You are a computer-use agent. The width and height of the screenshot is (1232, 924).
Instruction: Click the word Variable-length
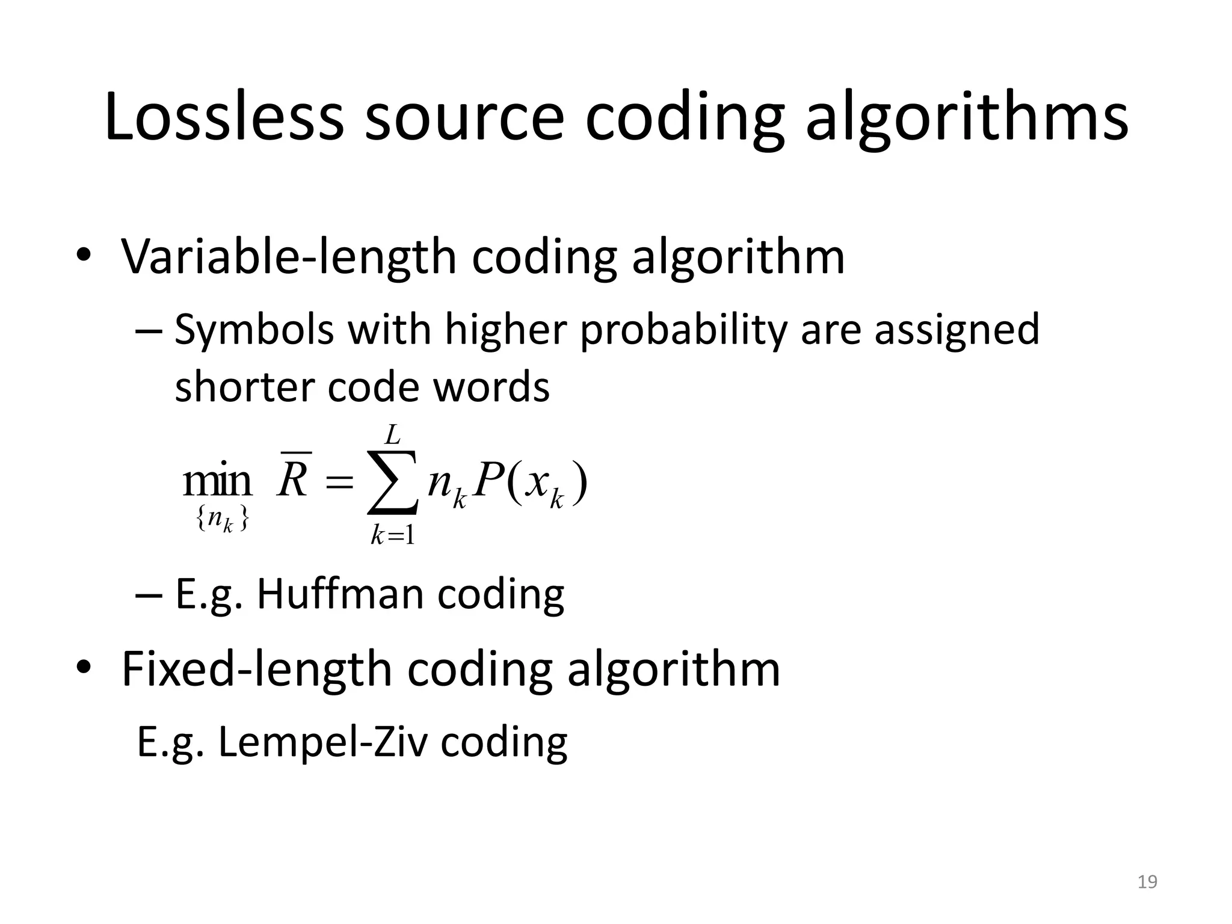[x=289, y=257]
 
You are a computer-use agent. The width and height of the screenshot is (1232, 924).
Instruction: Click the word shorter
[x=244, y=386]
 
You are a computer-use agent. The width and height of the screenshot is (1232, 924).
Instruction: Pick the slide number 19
[x=1148, y=882]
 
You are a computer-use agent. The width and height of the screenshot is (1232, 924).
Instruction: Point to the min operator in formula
[x=217, y=481]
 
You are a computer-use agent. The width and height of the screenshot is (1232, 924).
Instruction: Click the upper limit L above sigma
[x=393, y=434]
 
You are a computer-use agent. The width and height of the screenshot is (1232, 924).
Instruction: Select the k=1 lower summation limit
[x=393, y=534]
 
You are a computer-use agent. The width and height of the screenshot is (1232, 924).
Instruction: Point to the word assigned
[x=956, y=331]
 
